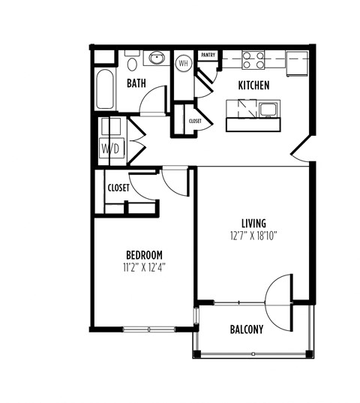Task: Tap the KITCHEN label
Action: pos(253,86)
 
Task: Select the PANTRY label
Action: pos(208,55)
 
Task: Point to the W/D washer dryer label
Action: pos(109,148)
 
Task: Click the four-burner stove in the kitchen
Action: pos(253,59)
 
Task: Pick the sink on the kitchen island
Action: pos(266,110)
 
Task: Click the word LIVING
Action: pos(253,223)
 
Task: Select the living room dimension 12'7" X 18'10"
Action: pos(253,235)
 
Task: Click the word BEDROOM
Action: pos(142,255)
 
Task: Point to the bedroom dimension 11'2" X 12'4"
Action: pos(142,266)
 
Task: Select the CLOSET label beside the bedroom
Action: pos(118,188)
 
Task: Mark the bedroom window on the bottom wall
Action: pos(148,328)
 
